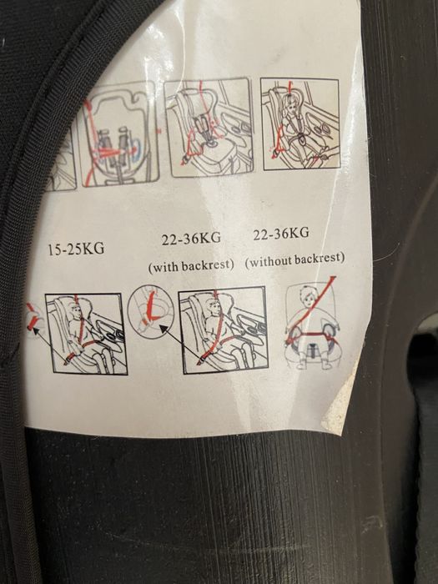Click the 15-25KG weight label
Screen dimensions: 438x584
[x=76, y=249]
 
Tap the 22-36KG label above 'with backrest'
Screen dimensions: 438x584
[x=191, y=239]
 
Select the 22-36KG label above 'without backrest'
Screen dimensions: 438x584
[x=281, y=234]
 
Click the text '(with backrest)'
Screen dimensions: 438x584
[x=191, y=266]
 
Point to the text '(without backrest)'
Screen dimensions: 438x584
[x=295, y=259]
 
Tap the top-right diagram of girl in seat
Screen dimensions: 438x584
[x=300, y=123]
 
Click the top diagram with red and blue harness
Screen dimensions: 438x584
[x=118, y=135]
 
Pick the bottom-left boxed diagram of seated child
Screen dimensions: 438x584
[x=86, y=334]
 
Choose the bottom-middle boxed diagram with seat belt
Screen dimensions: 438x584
[x=223, y=330]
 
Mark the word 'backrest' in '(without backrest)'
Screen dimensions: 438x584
[x=318, y=259]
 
